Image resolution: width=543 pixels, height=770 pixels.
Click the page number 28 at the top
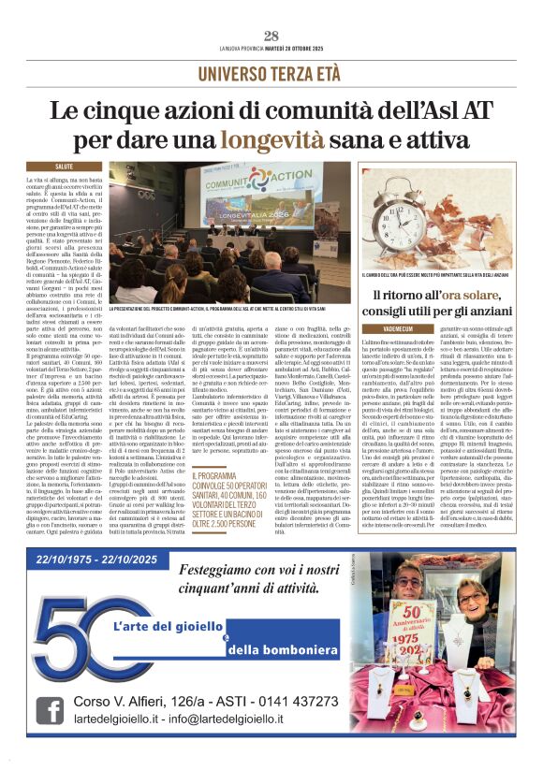(x=271, y=36)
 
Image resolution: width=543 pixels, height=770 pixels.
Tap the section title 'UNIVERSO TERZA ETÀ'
(x=271, y=72)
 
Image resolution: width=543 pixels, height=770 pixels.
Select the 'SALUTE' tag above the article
(x=77, y=166)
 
